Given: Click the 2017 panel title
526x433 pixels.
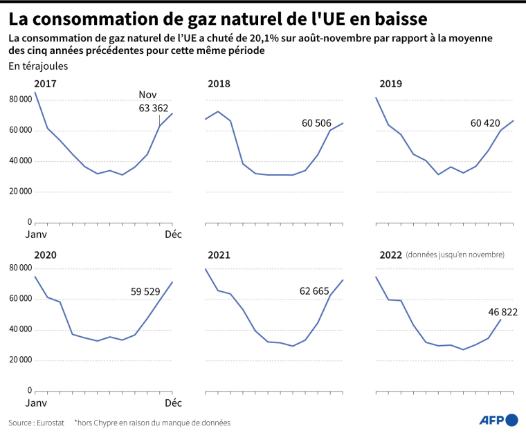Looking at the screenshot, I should click(46, 84).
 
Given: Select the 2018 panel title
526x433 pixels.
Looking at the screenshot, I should click(219, 84).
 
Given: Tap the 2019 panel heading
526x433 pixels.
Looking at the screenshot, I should click(390, 84).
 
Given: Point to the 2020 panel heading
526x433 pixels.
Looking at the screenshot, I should click(46, 255).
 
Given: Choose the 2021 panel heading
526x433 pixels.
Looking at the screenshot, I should click(219, 255).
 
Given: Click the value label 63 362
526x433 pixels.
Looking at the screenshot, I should click(153, 107).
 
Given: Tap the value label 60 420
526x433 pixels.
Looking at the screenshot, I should click(484, 123).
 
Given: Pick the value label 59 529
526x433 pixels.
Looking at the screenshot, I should click(150, 292).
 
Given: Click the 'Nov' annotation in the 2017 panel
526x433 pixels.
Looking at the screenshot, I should click(147, 95).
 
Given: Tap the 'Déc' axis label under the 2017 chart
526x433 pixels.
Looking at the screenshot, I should click(173, 234).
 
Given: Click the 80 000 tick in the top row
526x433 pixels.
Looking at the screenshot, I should click(20, 100).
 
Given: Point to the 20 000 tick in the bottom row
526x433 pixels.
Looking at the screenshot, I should click(20, 360).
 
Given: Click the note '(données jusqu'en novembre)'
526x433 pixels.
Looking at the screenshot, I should click(455, 255).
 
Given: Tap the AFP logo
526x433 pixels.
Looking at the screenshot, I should click(498, 420).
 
